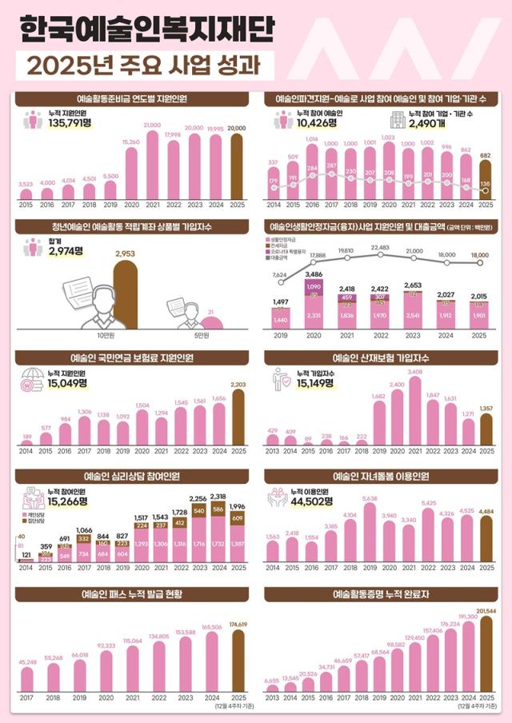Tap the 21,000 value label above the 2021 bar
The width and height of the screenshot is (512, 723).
tap(152, 126)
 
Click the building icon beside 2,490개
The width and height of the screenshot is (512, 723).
tap(396, 120)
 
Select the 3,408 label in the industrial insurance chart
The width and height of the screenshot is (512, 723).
tap(414, 372)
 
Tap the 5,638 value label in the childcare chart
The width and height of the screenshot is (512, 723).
tap(370, 498)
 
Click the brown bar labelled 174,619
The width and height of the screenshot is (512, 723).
tap(237, 660)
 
